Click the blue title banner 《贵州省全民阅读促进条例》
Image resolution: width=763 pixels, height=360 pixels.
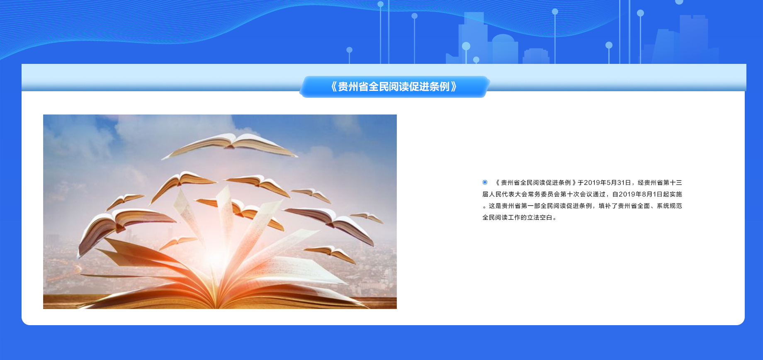click(x=394, y=87)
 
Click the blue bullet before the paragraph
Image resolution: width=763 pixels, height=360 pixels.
click(x=485, y=182)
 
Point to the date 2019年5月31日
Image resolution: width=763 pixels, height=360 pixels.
click(x=607, y=182)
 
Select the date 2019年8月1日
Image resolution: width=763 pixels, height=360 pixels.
click(x=641, y=194)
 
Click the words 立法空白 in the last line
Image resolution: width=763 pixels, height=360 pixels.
click(x=540, y=217)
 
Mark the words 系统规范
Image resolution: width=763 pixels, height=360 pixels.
click(x=669, y=206)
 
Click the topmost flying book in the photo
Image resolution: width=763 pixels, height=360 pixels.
click(x=230, y=146)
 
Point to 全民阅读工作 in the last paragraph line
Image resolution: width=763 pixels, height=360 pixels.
click(x=501, y=217)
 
